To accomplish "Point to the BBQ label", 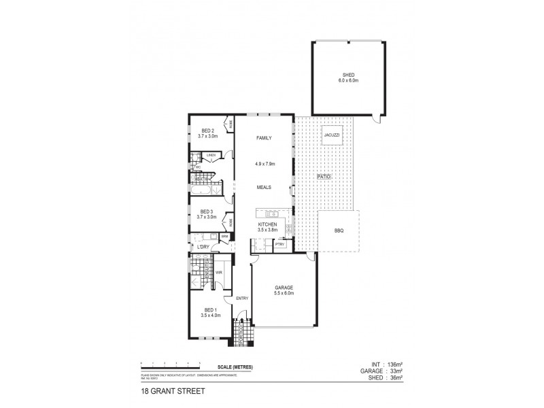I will tap(339, 231).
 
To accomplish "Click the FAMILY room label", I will tap(264, 138).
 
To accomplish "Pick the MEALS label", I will tap(264, 186).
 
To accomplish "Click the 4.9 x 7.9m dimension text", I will tap(264, 164).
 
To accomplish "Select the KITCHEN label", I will tap(267, 224).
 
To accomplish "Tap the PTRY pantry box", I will tap(279, 243).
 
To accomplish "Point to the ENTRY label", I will tap(241, 299).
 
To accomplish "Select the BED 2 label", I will tap(207, 131).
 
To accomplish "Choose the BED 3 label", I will tap(206, 211).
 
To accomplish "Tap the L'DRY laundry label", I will tap(202, 247).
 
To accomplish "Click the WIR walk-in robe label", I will tap(218, 273).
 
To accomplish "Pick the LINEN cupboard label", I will tap(211, 156).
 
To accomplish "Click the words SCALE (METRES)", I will tap(235, 367).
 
